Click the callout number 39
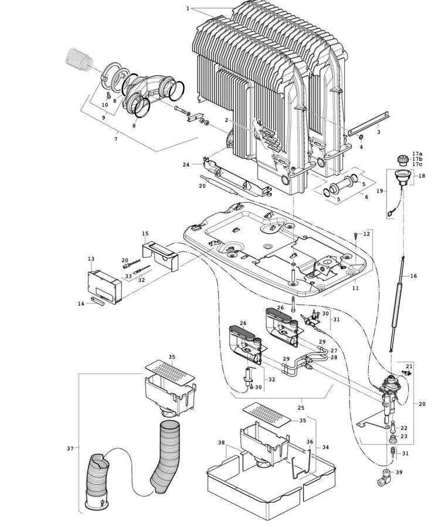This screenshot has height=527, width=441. click(x=399, y=472)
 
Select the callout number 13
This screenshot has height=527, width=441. click(x=91, y=259)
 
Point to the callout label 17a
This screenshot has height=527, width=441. click(x=417, y=154)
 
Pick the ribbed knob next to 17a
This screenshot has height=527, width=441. click(x=402, y=158)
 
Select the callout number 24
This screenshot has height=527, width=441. click(x=186, y=165)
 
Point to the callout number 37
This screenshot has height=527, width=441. click(x=70, y=448)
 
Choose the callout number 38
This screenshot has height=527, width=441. click(x=222, y=443)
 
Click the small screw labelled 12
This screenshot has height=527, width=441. click(x=357, y=236)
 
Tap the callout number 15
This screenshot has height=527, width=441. click(x=145, y=234)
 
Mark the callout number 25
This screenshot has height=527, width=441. click(x=301, y=407)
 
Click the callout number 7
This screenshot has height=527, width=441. click(x=116, y=139)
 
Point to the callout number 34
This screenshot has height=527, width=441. click(x=325, y=447)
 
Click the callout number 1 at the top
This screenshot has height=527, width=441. click(x=188, y=8)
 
